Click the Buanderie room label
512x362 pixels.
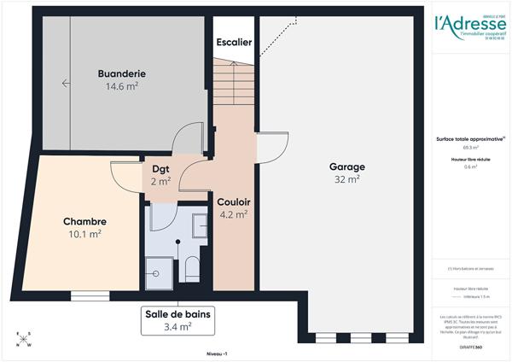[x=121, y=74]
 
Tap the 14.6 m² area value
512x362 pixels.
[x=121, y=86]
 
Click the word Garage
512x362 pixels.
[x=347, y=166]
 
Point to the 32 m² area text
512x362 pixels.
[x=347, y=179]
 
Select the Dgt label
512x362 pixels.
[x=161, y=168]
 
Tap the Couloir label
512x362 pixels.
[x=232, y=201]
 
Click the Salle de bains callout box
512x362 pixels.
[x=177, y=319]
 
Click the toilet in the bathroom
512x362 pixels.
[x=192, y=269]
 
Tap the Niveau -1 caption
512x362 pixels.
[x=218, y=353]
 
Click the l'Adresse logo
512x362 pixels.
[x=468, y=26]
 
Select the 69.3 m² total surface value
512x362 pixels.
[x=468, y=148]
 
